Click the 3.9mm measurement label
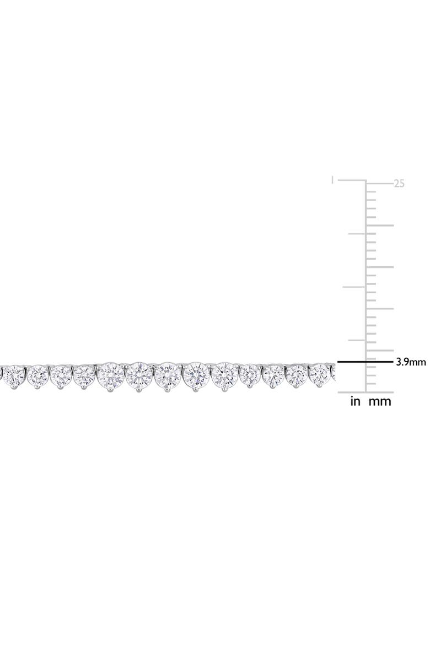pos(411,362)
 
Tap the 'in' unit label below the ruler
pos(355,401)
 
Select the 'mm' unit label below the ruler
pos(379,402)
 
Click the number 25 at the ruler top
pos(399,184)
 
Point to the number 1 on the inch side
pos(332,181)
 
